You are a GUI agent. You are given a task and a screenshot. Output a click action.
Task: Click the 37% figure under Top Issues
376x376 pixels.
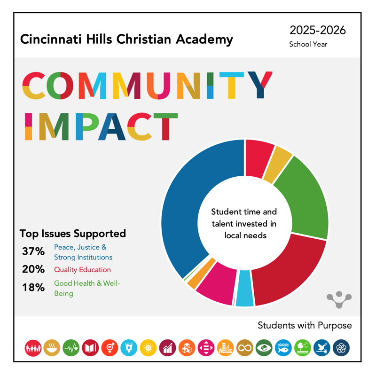pos(33,251)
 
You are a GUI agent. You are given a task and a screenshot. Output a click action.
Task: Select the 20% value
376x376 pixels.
pos(33,270)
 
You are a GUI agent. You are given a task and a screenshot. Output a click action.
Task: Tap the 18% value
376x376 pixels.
pos(33,288)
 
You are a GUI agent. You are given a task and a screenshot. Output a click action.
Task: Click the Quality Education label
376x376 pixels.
pos(82,270)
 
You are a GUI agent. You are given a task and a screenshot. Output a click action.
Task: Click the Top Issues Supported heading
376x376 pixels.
pos(73,234)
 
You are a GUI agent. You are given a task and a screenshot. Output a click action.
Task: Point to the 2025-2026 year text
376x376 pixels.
pos(318,31)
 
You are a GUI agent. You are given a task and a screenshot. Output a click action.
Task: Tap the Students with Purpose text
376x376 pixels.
pos(305,325)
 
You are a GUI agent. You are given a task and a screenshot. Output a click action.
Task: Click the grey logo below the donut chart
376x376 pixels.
pos(339,299)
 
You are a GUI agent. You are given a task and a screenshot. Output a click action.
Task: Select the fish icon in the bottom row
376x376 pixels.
pos(283,348)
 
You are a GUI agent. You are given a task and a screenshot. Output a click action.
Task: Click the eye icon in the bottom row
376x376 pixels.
pos(264,348)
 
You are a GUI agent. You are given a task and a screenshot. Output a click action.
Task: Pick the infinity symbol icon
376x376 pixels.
pos(245,348)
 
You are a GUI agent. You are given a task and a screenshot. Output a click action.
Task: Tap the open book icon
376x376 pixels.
pos(90,348)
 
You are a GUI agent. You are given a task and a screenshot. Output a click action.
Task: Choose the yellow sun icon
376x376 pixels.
pos(148,348)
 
